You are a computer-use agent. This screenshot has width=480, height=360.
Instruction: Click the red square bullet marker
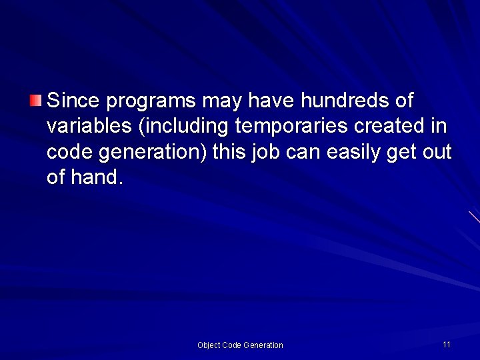pos(35,101)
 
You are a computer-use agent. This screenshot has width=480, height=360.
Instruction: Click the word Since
pos(73,101)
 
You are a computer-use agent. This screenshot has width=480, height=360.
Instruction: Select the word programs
pos(151,102)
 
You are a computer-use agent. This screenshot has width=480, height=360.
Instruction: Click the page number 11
pos(446,344)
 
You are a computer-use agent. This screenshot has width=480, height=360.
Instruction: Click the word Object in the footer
pos(209,345)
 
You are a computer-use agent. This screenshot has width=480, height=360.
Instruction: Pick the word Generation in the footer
pos(263,345)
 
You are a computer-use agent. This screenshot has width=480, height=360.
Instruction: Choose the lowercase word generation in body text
pos(153,153)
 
